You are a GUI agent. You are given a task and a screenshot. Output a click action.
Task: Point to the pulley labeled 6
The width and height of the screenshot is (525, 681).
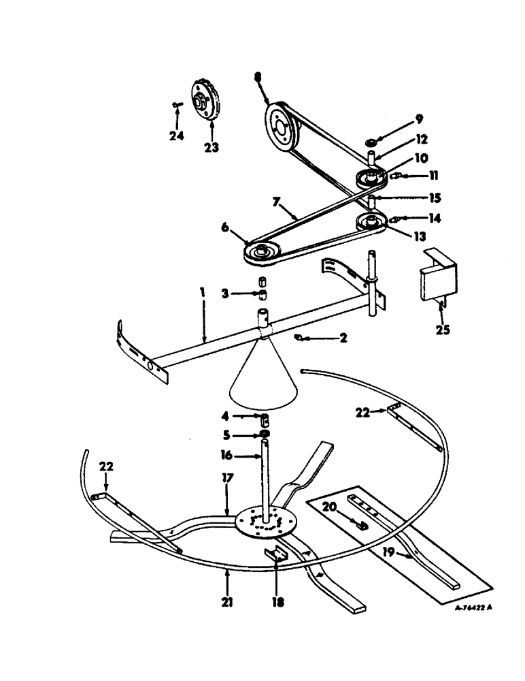(x=261, y=253)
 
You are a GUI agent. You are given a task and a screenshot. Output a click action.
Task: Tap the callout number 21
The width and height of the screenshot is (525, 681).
(x=227, y=603)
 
